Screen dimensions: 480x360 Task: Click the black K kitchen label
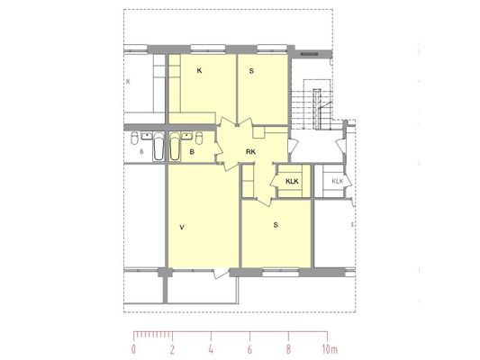[199, 71]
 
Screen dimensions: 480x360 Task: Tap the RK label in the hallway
[250, 152]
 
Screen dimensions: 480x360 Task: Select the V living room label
[182, 228]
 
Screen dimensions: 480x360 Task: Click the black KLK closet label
[292, 182]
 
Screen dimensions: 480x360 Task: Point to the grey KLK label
[338, 182]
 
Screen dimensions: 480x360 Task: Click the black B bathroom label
[192, 152]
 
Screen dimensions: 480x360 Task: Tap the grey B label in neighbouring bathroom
[141, 152]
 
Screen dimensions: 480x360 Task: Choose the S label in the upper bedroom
[251, 71]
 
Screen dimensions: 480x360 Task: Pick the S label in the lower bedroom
[276, 225]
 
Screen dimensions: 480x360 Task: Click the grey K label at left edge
[128, 82]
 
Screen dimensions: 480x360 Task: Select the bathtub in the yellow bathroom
[175, 146]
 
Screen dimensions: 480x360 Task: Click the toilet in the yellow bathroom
[199, 138]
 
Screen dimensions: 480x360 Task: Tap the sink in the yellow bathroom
[186, 136]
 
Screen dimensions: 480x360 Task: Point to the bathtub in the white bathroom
[158, 146]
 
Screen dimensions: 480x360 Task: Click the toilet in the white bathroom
[134, 138]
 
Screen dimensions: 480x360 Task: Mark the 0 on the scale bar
[133, 349]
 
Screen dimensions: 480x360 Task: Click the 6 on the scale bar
[249, 349]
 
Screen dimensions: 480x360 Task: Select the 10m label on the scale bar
[330, 349]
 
